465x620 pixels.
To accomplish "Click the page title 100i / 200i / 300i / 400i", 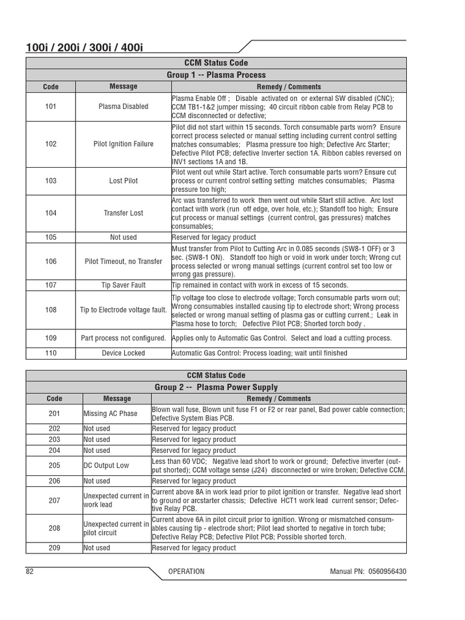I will click(84, 47).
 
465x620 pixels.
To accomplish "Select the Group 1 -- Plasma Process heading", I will click(216, 75).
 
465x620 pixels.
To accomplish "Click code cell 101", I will click(51, 107).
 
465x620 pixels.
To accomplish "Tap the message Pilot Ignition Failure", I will click(124, 144).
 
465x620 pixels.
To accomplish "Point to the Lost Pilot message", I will click(124, 181).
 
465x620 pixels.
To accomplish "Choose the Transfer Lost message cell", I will click(124, 213).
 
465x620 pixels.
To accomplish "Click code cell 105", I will click(51, 237).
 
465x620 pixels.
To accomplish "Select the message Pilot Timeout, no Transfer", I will click(124, 262).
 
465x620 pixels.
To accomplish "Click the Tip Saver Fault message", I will click(124, 285).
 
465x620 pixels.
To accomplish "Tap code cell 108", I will click(51, 310).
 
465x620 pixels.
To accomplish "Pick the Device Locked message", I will click(124, 353).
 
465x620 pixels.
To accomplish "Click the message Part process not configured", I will click(124, 338).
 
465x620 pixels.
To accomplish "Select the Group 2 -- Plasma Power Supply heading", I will click(216, 387).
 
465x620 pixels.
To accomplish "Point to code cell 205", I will click(54, 466).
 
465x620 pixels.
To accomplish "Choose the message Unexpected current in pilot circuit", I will click(116, 529).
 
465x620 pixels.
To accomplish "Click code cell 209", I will click(54, 548).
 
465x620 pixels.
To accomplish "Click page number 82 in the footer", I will click(30, 572).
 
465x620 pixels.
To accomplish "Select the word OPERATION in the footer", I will click(186, 572).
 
